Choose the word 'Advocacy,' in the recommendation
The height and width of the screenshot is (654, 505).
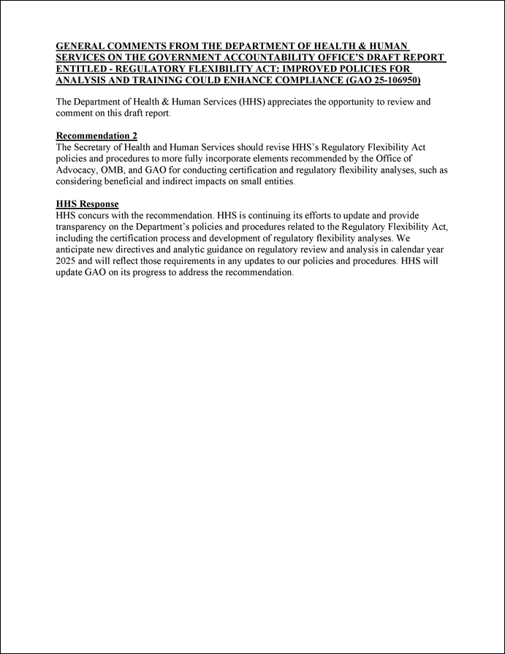[x=77, y=170]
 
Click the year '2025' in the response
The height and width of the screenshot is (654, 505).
[x=67, y=261]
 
